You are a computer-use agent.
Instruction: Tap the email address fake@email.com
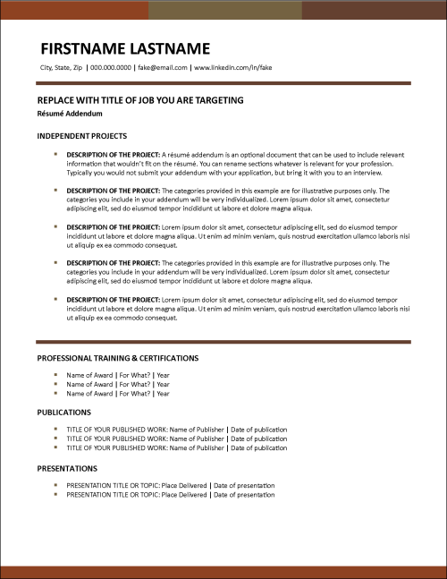click(x=163, y=67)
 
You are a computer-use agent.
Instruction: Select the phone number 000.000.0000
click(x=110, y=67)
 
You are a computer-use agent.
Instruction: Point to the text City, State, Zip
click(x=61, y=67)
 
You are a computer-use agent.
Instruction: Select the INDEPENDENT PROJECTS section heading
click(x=81, y=136)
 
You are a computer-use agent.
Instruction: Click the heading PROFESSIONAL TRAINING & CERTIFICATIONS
click(x=117, y=358)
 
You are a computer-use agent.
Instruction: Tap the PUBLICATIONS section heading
click(x=63, y=413)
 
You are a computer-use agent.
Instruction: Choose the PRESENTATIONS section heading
click(x=67, y=468)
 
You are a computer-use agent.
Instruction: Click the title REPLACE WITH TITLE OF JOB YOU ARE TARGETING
click(x=140, y=100)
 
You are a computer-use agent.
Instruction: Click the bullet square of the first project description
click(x=55, y=155)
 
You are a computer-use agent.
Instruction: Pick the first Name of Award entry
click(x=118, y=375)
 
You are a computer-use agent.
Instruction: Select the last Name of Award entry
click(x=118, y=393)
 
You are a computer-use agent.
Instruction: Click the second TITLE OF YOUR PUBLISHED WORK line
click(x=176, y=439)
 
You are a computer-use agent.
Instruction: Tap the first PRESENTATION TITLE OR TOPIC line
click(x=170, y=485)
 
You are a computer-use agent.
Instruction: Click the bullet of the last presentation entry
click(x=55, y=494)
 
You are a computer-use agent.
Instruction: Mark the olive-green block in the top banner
click(x=224, y=10)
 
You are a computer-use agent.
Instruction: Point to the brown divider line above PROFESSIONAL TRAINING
click(x=223, y=342)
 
